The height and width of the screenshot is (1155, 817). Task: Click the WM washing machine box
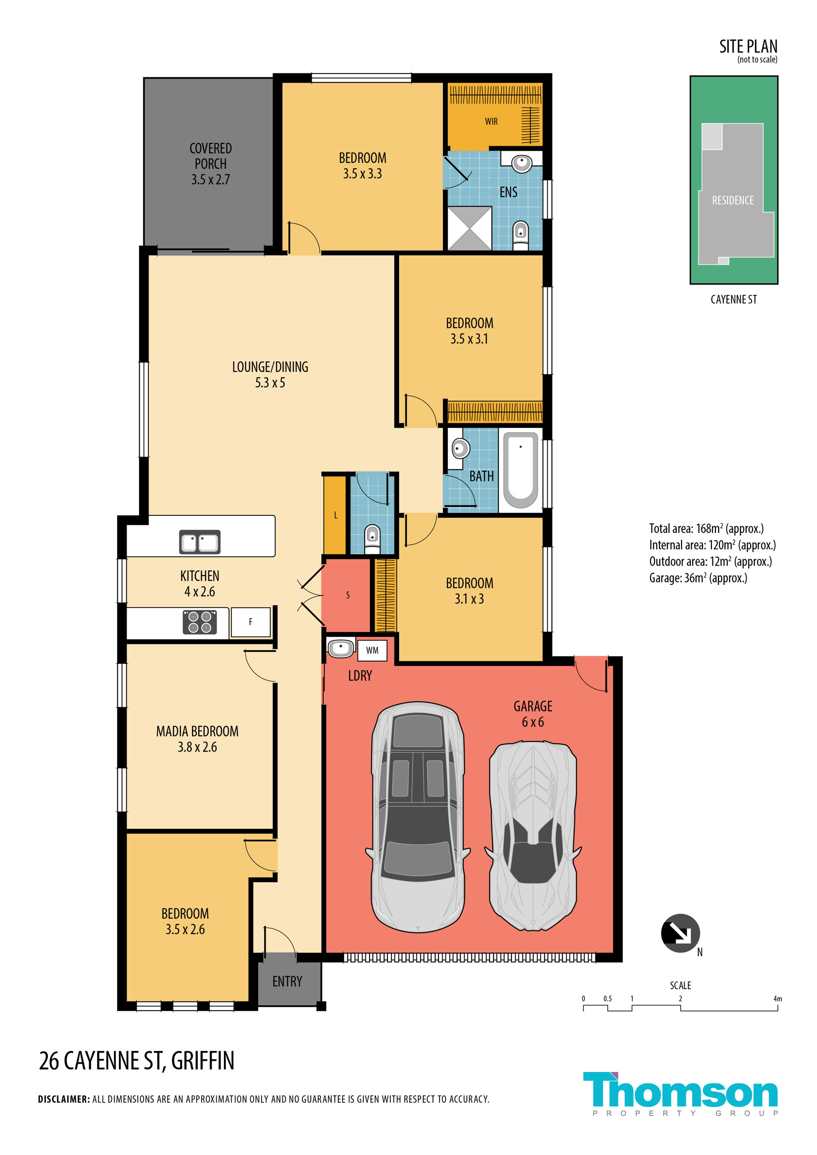pos(372,650)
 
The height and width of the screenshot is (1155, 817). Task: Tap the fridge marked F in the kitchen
pos(250,622)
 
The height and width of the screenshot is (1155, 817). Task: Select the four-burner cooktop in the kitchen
pos(200,622)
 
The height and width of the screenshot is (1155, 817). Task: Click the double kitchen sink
pos(200,542)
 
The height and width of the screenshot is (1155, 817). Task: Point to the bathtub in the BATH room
pos(521,470)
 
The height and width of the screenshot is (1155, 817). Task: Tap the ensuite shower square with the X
pos(469,228)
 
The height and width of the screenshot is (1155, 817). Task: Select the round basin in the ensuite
pos(522,163)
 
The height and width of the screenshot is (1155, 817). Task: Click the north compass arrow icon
pos(680,933)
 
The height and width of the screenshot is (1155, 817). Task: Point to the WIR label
pos(491,121)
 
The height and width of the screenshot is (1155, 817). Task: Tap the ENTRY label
pos(287,981)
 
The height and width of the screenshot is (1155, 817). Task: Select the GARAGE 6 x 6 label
pos(533,714)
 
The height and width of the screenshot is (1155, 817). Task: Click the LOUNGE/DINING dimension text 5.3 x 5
pos(270,383)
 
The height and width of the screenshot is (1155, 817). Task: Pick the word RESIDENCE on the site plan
pos(732,200)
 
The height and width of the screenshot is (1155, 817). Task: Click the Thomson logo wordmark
pos(680,1090)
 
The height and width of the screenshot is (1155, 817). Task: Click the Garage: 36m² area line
pos(698,578)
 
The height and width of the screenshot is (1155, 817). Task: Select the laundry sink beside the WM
pos(341,647)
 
